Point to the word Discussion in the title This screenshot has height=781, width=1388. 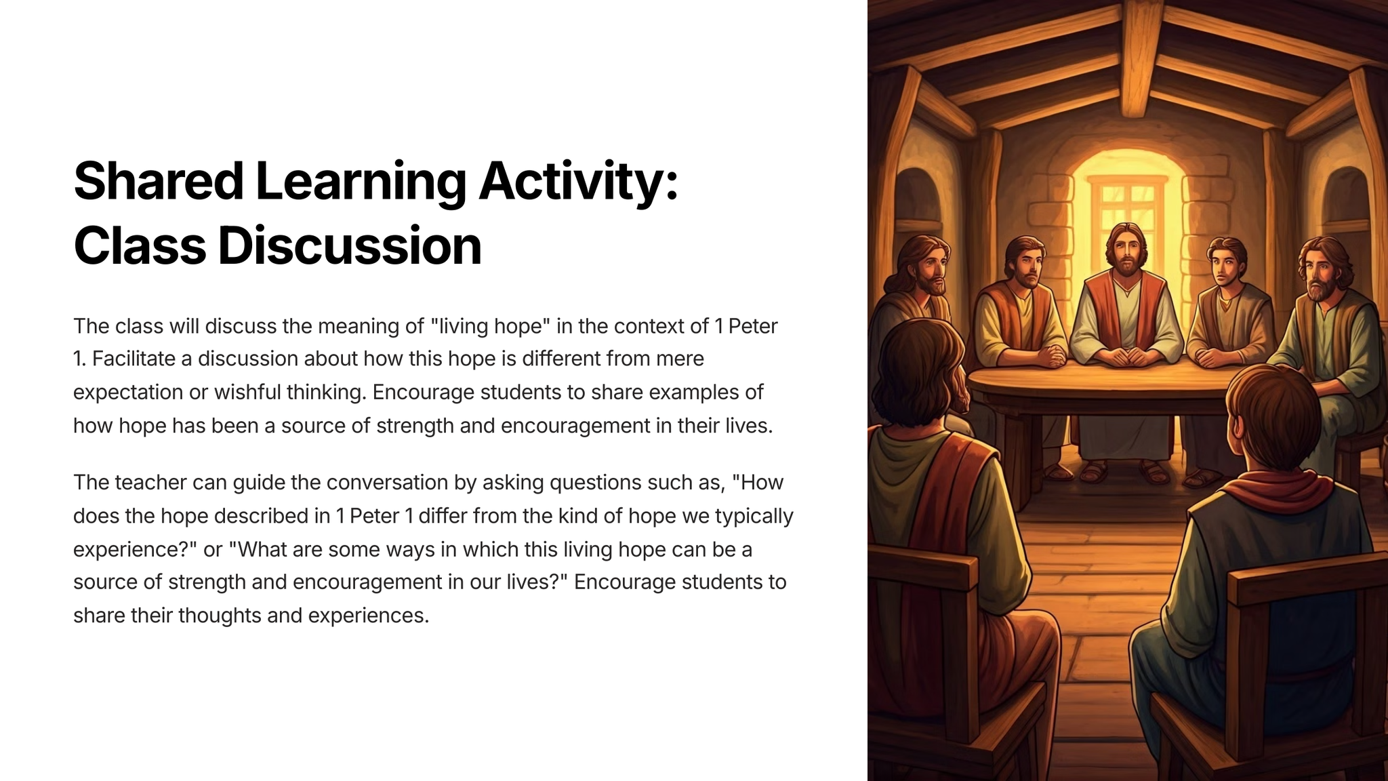[349, 245]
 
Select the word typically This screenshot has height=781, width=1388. [754, 517]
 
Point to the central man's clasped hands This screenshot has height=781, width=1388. [1126, 356]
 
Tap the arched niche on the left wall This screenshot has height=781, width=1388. [918, 203]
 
